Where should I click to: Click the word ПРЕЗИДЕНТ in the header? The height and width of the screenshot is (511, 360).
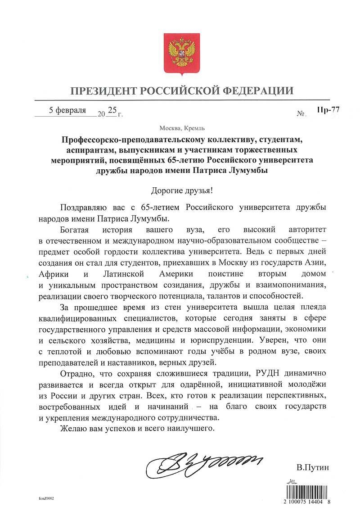pos(104,90)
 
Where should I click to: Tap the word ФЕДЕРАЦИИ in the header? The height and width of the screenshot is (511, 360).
pos(259,90)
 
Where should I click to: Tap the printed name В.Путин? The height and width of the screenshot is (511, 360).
pos(313,468)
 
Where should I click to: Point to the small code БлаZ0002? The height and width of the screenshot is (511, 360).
pos(46,499)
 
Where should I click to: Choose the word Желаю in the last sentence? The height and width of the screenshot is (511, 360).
pos(72,429)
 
